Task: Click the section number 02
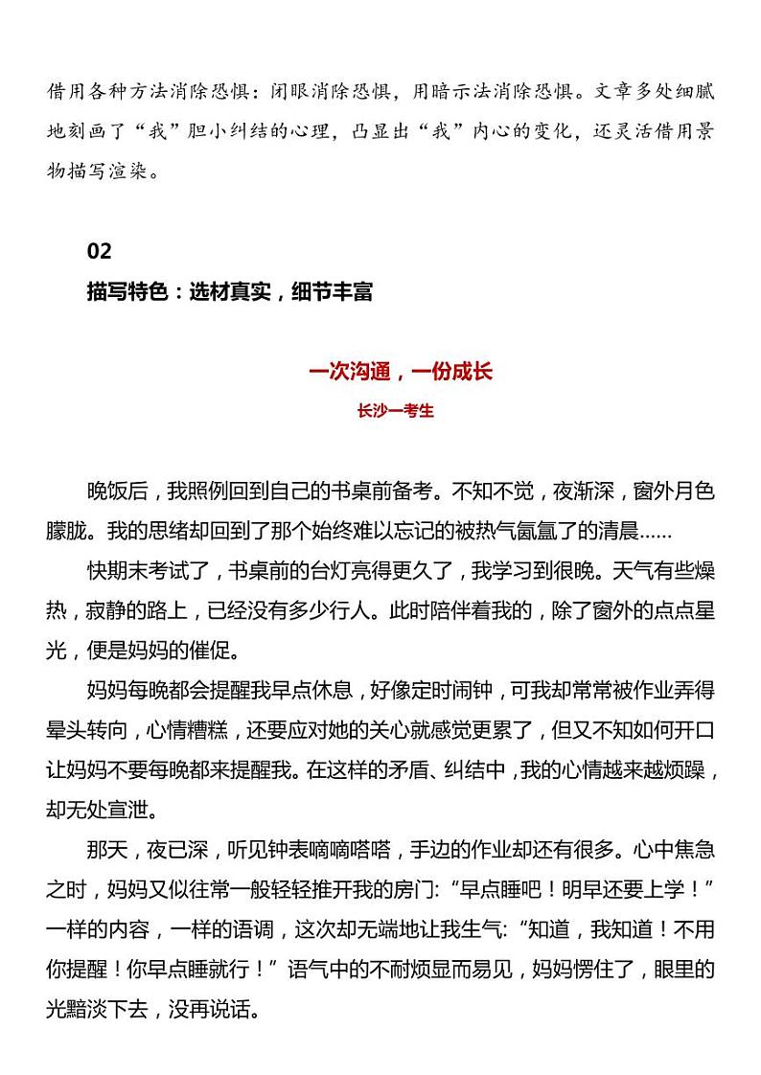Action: [x=100, y=251]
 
